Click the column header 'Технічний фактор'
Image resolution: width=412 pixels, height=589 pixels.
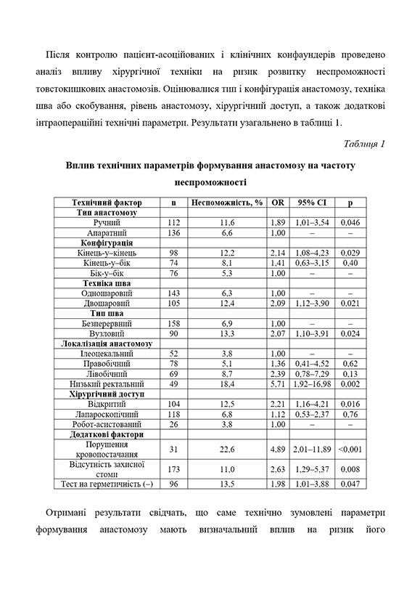(107, 202)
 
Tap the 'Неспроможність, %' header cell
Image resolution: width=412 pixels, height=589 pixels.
(226, 202)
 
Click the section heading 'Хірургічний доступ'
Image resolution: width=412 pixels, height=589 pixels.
(107, 393)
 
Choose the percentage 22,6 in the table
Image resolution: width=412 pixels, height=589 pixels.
(226, 448)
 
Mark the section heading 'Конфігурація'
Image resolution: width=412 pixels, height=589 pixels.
(107, 242)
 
